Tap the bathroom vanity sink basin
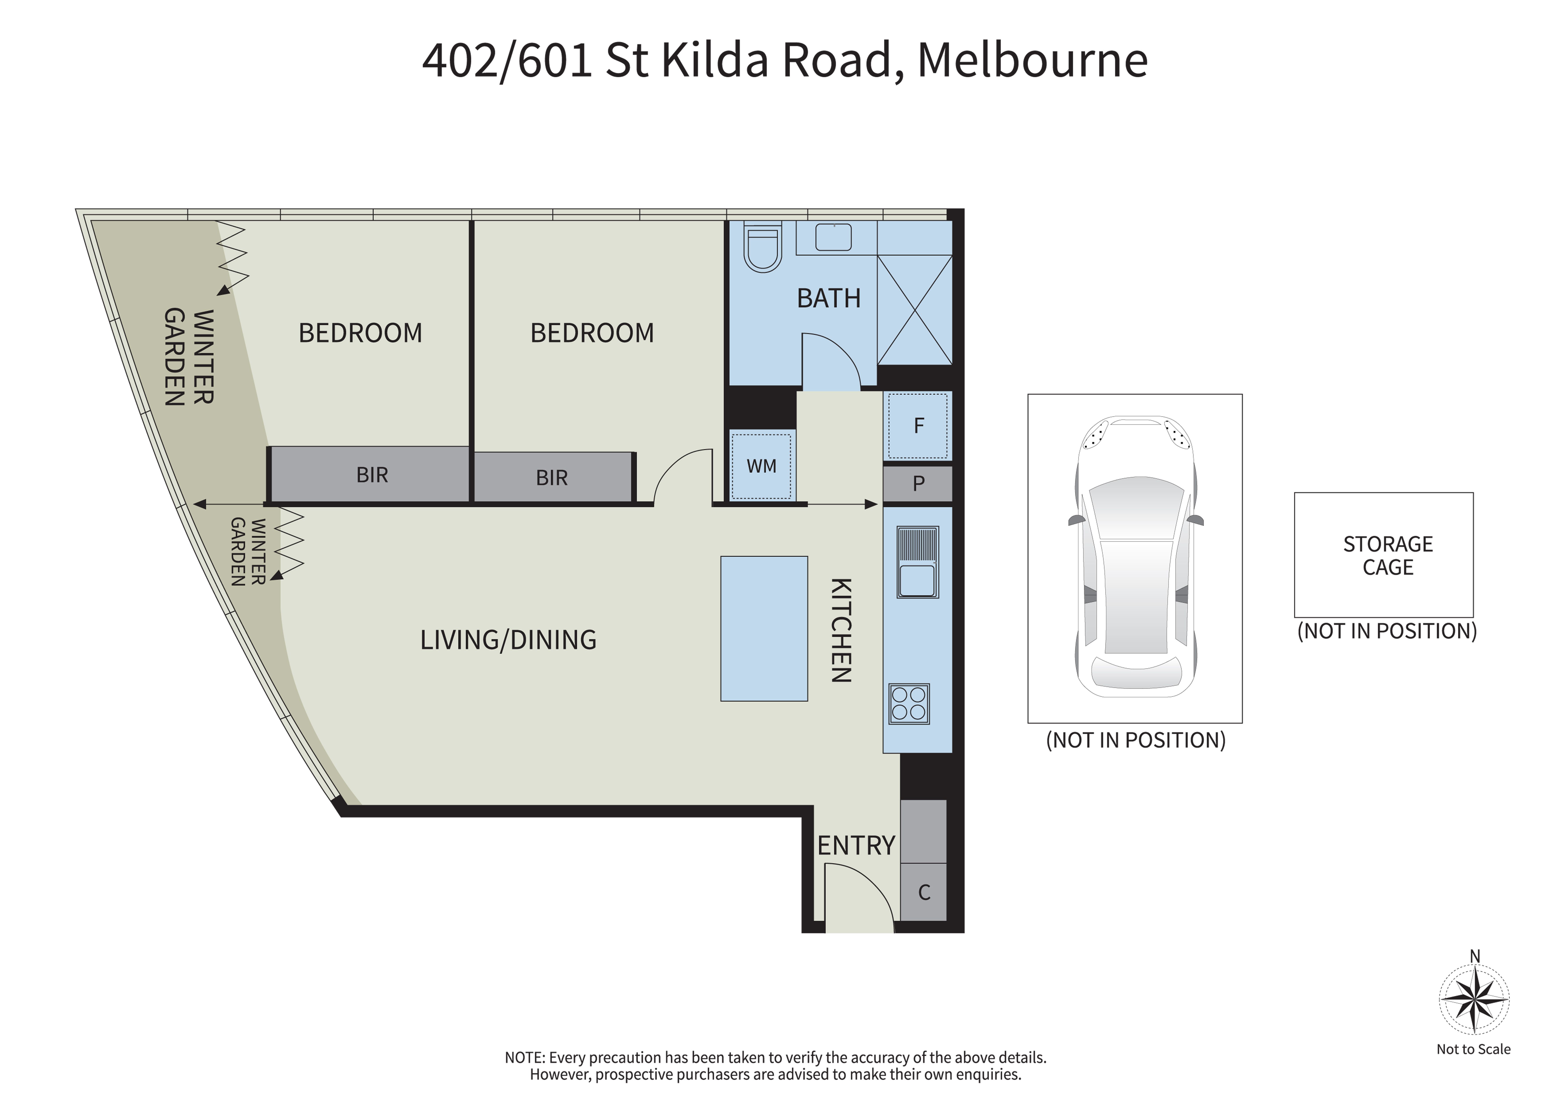pyautogui.click(x=833, y=237)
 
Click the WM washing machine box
pyautogui.click(x=762, y=466)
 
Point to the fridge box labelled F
pyautogui.click(x=918, y=426)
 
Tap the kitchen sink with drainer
pyautogui.click(x=918, y=562)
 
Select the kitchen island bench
pyautogui.click(x=764, y=629)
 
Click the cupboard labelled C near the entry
pyautogui.click(x=924, y=892)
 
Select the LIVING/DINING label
pyautogui.click(x=509, y=640)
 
